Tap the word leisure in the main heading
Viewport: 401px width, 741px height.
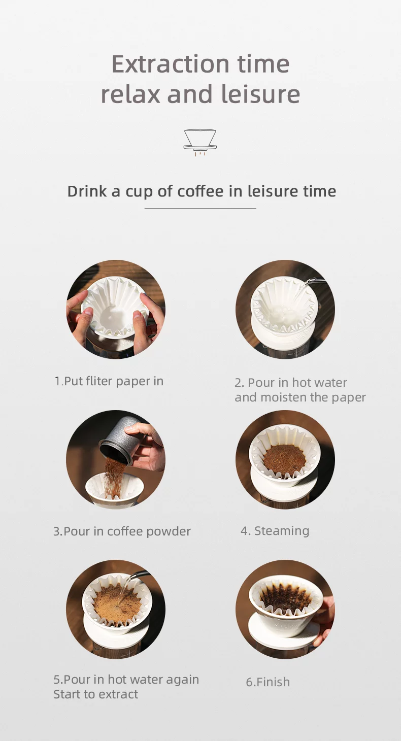point(260,94)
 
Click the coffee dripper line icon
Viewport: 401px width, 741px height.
point(200,143)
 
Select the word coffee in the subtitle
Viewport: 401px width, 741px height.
point(201,191)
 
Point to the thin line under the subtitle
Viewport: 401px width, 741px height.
point(200,209)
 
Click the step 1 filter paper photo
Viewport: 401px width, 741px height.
point(116,309)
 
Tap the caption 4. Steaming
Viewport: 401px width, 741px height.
point(275,531)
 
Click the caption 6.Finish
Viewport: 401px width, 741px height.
point(268,682)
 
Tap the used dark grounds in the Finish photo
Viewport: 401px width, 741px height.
point(285,596)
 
